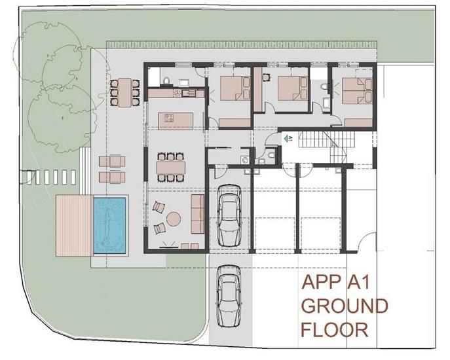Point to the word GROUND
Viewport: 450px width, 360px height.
click(344, 306)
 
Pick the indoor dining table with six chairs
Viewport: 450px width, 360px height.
click(170, 166)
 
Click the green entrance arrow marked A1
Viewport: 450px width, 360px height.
click(286, 138)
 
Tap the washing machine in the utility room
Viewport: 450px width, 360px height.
click(245, 158)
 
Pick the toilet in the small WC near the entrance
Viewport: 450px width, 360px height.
click(271, 155)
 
